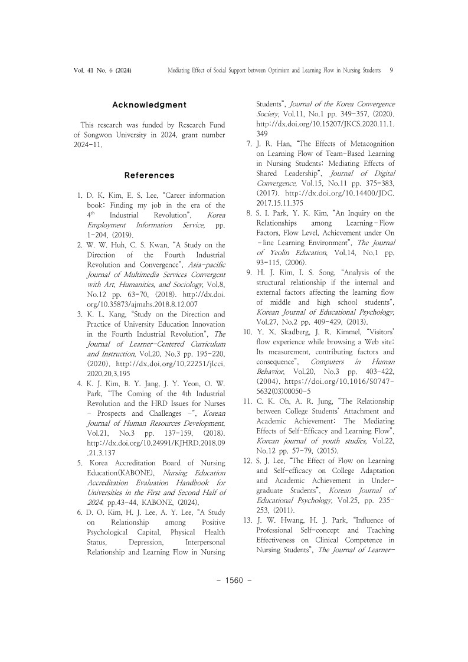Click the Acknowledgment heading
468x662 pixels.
149,105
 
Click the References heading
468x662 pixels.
149,175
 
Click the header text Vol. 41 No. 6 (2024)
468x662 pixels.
103,70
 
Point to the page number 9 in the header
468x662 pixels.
392,70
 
